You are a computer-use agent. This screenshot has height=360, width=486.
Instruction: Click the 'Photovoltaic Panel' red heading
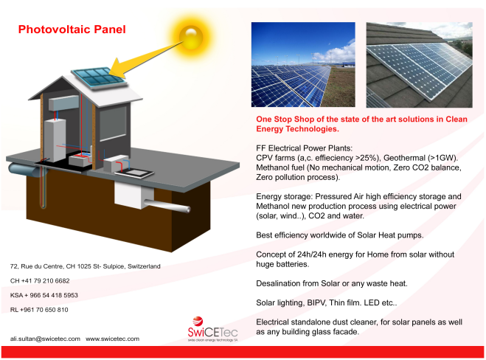tap(72, 30)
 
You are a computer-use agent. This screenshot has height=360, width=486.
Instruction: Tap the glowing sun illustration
tap(191, 37)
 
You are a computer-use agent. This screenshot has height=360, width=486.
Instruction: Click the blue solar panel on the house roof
tap(99, 77)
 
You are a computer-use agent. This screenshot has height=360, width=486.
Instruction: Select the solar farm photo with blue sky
tap(303, 64)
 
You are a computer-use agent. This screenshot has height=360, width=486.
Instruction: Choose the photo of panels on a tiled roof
tap(420, 65)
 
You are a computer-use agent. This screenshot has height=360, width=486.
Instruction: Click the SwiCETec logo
tap(212, 329)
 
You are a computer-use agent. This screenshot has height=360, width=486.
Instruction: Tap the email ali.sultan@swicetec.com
tap(45, 339)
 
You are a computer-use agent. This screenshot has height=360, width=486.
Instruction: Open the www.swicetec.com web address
tap(113, 339)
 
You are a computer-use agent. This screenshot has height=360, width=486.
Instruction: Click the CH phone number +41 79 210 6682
tap(40, 281)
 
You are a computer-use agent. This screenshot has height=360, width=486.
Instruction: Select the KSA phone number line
tap(44, 295)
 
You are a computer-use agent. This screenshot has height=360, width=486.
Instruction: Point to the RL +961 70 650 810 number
tap(39, 310)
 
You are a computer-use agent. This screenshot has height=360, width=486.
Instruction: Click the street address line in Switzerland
tap(86, 266)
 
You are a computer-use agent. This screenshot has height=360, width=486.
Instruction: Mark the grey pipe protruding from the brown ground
tap(167, 206)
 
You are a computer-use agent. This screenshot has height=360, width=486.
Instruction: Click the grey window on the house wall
tap(113, 123)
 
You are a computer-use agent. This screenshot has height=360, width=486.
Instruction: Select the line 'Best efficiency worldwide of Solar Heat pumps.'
tap(340, 235)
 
